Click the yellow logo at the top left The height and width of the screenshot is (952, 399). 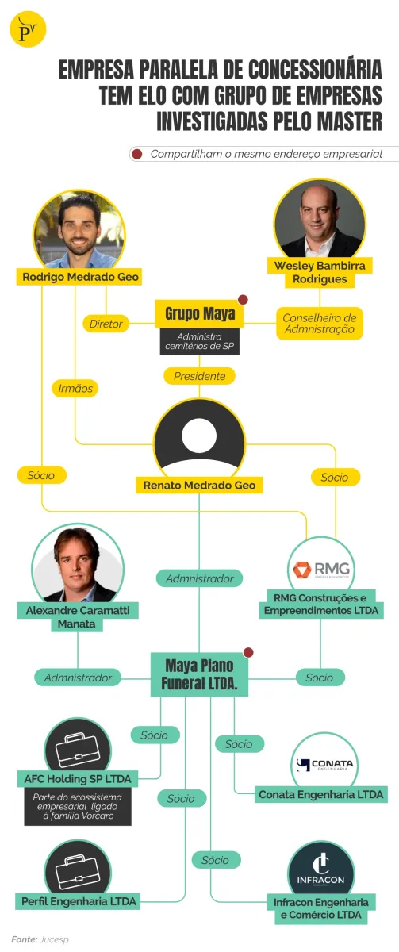pos(28,29)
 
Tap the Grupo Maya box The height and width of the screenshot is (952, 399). pos(199,313)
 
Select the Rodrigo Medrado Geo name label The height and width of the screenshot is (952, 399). pos(80,277)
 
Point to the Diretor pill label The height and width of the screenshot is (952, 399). pos(106,324)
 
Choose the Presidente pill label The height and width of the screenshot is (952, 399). pos(199,376)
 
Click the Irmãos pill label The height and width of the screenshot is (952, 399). pos(75,389)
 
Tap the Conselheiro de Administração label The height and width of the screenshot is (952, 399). pos(320,324)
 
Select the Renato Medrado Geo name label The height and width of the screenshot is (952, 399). pos(199,485)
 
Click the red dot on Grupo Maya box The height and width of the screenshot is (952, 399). pos(243,300)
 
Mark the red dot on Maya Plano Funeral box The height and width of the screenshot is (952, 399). pos(248,652)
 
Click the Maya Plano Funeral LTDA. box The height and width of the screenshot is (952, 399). pos(199,674)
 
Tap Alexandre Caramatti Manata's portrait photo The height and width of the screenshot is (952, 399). pos(77,564)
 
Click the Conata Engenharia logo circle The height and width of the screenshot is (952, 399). pos(324,763)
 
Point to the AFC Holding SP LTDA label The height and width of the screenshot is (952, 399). pos(78,779)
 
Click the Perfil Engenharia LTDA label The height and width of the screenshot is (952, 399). pos(79,901)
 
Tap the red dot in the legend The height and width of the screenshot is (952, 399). pos(136,154)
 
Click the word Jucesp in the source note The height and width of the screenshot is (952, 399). pos(54,939)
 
